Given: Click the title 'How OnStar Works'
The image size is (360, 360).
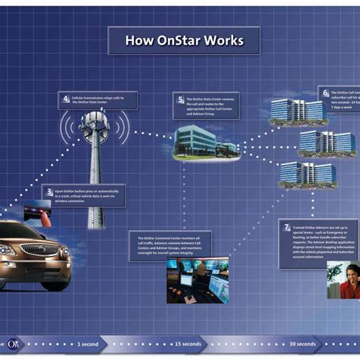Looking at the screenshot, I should tap(183, 40).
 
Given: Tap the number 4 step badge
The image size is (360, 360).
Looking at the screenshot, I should tap(67, 99).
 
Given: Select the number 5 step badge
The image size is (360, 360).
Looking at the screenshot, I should tap(181, 99).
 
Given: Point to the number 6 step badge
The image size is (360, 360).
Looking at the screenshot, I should tap(326, 93).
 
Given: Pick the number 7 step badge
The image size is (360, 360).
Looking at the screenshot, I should tap(287, 227).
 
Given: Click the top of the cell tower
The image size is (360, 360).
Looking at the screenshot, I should tap(95, 120).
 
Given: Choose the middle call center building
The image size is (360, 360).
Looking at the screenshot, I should tap(326, 142).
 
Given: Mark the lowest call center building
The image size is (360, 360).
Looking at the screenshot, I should tap(307, 174).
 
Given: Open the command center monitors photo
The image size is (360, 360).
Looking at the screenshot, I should tap(197, 279).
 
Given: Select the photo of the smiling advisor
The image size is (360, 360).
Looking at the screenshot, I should tap(343, 279).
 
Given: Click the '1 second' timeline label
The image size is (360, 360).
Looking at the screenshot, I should tap(87, 344).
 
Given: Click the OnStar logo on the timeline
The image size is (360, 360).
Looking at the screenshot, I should tap(14, 343).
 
